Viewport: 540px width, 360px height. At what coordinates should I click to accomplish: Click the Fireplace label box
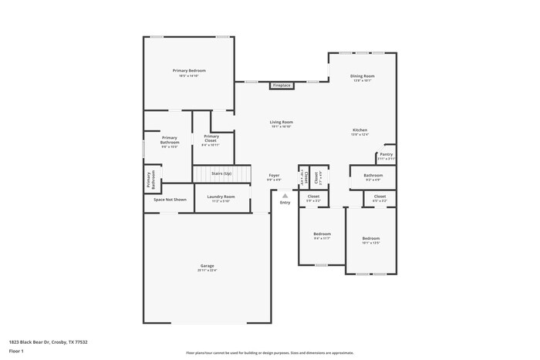[281, 86]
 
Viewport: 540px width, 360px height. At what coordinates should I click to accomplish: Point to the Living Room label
[281, 123]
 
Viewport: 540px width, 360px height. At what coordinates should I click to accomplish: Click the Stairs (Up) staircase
[222, 174]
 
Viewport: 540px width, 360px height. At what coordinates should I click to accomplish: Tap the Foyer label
[274, 177]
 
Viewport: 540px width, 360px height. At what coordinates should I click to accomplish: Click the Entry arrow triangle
[285, 196]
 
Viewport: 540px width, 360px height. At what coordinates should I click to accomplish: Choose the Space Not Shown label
[170, 200]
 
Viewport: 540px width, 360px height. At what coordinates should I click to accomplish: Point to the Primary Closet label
[211, 139]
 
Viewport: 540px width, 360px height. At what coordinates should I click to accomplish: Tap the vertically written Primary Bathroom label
[150, 180]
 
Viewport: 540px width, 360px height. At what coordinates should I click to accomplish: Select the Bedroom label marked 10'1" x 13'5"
[371, 240]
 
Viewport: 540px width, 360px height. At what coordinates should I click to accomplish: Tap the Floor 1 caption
[17, 351]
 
